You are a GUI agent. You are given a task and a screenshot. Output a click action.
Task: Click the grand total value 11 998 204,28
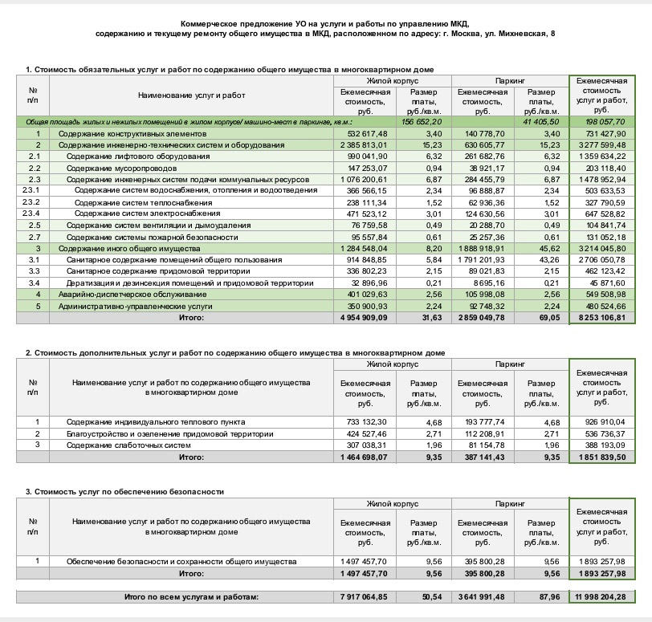click(x=602, y=596)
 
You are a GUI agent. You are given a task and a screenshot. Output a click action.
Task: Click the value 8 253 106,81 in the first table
click(x=602, y=318)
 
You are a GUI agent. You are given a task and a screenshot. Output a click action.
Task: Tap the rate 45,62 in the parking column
click(x=546, y=249)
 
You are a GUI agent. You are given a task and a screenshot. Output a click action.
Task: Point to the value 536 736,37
click(x=602, y=433)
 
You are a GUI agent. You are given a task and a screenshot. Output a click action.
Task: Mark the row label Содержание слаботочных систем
click(x=128, y=445)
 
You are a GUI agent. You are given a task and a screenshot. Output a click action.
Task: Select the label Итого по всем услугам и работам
click(x=193, y=596)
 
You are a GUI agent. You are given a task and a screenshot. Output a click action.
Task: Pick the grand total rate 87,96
click(x=546, y=596)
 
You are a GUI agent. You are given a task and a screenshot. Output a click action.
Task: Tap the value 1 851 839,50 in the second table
click(x=602, y=457)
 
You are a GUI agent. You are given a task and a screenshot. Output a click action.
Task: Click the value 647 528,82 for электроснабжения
click(x=602, y=213)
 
